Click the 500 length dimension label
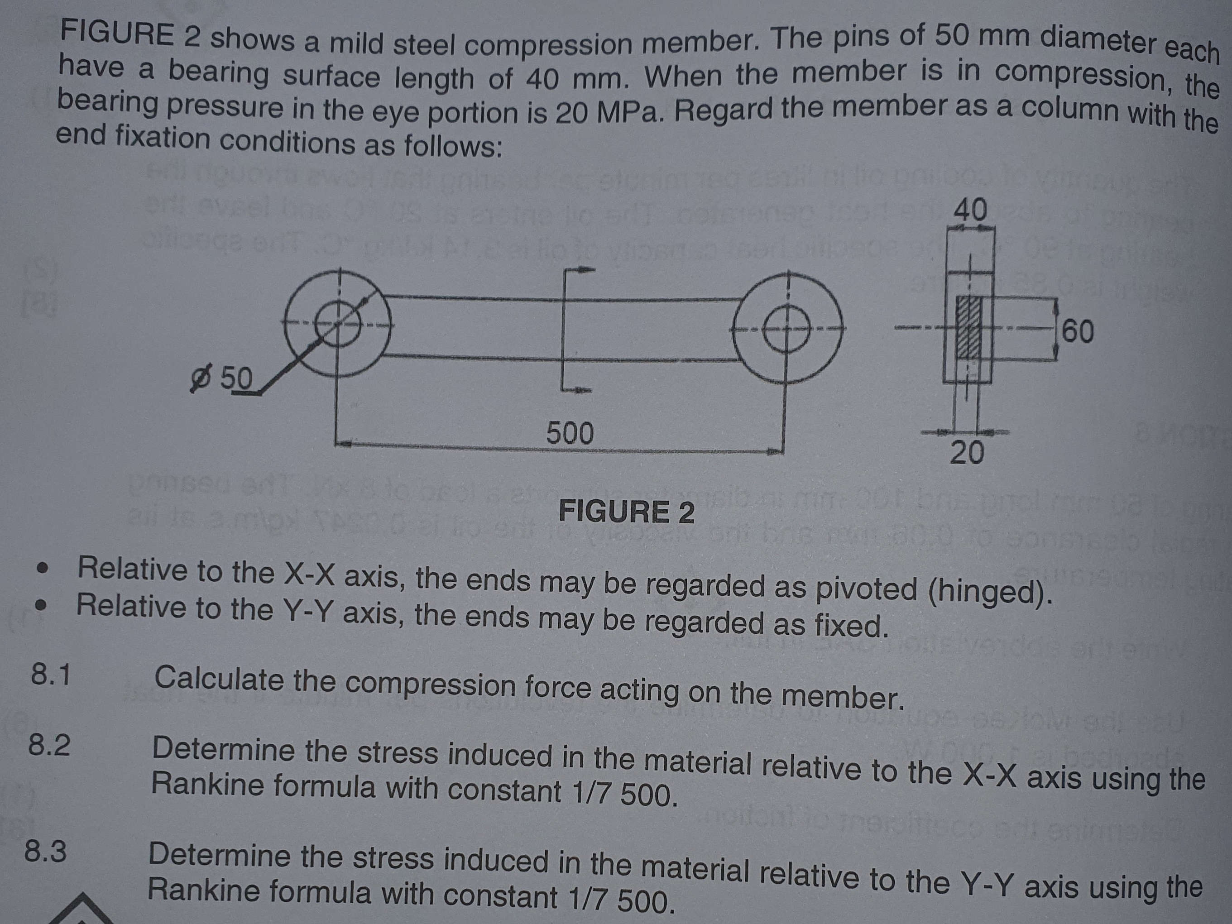[570, 433]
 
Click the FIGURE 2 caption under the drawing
[627, 511]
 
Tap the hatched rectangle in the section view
[968, 334]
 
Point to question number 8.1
[51, 675]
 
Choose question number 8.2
[49, 746]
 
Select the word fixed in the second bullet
[849, 626]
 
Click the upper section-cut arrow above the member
[579, 271]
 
